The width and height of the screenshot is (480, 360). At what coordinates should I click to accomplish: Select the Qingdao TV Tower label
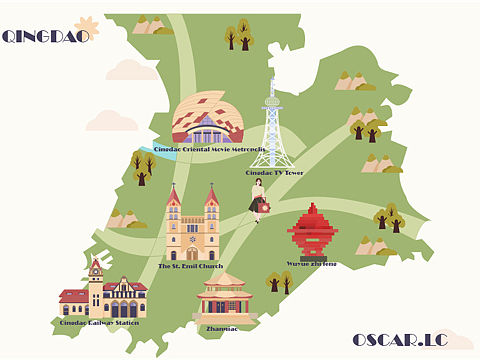pos(274,173)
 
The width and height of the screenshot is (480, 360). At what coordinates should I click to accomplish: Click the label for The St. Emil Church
pos(191,266)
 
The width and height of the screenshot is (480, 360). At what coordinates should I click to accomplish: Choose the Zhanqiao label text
pos(221,328)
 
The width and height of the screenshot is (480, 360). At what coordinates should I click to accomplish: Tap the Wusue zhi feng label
pos(312,264)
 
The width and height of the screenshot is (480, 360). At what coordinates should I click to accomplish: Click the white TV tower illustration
pos(272,130)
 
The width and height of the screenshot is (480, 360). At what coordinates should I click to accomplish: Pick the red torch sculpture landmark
pos(312,232)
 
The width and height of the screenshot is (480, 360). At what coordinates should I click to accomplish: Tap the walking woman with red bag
pos(259,200)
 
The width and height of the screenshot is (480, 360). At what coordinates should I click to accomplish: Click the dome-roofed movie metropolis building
pos(208,118)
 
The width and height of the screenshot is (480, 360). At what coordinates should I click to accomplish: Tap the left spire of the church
pos(174,200)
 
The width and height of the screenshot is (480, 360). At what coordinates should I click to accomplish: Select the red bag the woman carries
pos(265,207)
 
